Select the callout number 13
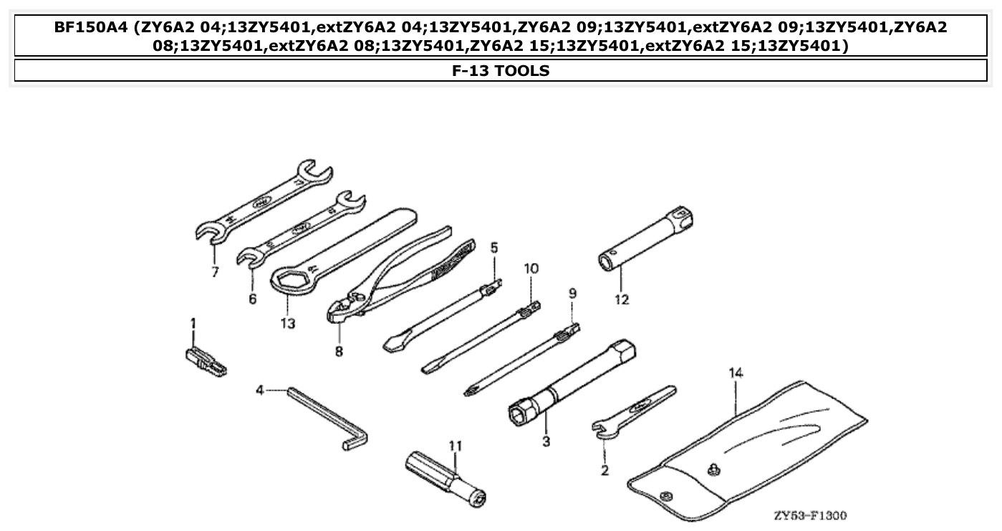[x=287, y=323]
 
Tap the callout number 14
[x=736, y=373]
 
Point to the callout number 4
[x=260, y=390]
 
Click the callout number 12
[x=621, y=300]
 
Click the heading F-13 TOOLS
[x=501, y=70]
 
